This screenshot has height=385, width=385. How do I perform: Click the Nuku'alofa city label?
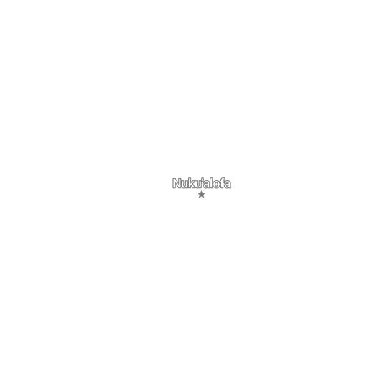(202, 183)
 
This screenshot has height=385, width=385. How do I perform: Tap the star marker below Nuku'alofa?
(201, 195)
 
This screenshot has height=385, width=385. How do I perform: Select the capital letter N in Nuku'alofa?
(177, 183)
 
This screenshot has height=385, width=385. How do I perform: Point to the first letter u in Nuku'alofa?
(185, 185)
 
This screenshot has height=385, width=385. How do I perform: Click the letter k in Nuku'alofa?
(192, 183)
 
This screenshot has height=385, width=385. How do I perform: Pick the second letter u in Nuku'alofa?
(199, 185)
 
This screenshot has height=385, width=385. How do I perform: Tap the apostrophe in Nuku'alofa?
(203, 180)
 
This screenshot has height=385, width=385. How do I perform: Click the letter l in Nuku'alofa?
(212, 183)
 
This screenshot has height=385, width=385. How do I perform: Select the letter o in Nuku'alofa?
(217, 185)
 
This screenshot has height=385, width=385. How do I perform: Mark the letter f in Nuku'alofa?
(223, 183)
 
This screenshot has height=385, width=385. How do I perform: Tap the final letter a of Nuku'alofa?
(228, 185)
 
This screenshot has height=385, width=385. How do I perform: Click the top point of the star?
(201, 191)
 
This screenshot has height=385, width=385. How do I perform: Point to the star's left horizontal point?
(198, 193)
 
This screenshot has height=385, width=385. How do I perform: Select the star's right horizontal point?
(205, 193)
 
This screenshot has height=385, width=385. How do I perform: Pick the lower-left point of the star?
(199, 198)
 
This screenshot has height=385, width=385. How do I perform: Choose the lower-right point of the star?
(204, 198)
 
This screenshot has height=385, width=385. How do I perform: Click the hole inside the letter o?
(217, 185)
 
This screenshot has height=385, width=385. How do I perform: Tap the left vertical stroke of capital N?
(174, 184)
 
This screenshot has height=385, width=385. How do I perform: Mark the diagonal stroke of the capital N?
(177, 184)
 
